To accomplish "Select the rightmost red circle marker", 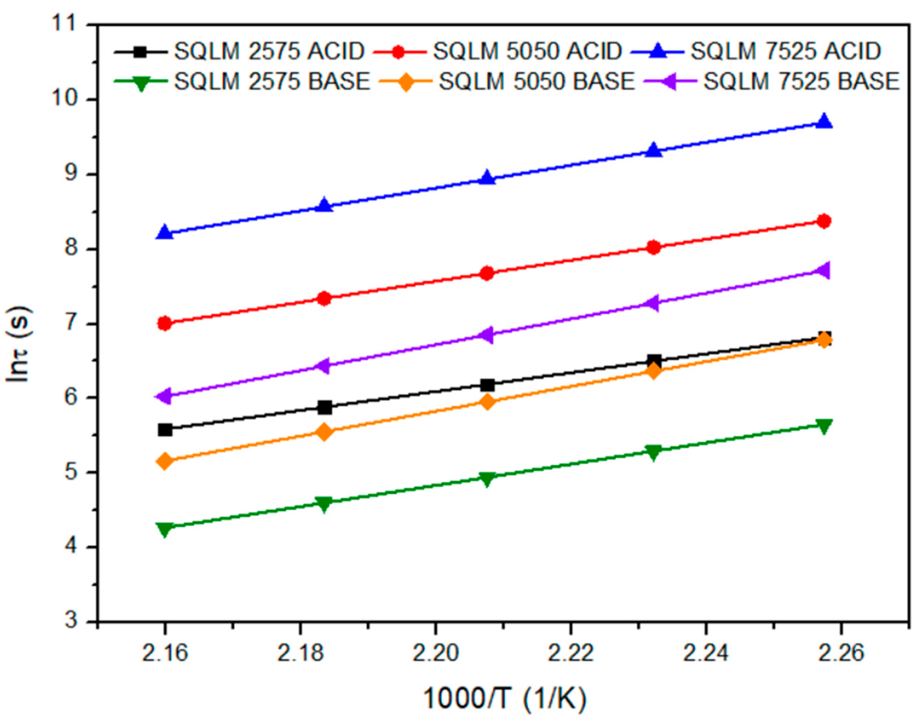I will pos(824,221).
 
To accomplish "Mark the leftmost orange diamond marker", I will pos(165,461).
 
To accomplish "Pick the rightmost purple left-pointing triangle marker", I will pos(823,270).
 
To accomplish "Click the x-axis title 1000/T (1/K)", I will pos(504,698).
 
